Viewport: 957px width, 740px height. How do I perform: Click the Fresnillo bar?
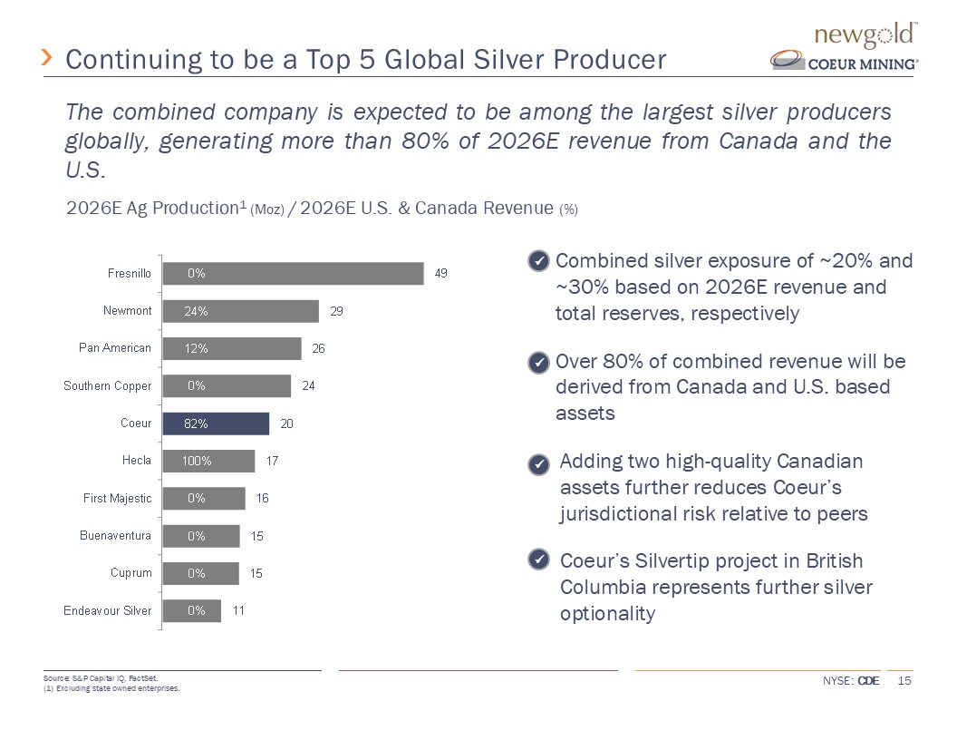[x=292, y=273]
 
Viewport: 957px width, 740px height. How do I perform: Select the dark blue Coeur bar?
[x=216, y=424]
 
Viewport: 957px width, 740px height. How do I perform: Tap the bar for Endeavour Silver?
[x=191, y=610]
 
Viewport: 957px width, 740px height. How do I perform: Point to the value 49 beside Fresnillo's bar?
[x=441, y=273]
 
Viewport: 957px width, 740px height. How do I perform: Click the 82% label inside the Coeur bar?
[x=197, y=424]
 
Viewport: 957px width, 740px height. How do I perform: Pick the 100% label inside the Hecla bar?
[x=197, y=461]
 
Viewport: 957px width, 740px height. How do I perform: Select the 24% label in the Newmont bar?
[x=197, y=311]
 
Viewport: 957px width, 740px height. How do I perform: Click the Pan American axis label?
[x=115, y=348]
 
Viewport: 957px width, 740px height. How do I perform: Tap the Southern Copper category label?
[x=107, y=386]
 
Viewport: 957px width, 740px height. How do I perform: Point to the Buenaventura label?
[x=116, y=536]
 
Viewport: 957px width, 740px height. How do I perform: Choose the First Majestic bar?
[x=203, y=498]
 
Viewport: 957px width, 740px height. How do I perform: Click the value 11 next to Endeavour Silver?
[x=238, y=610]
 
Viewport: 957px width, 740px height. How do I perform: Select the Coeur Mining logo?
[x=845, y=62]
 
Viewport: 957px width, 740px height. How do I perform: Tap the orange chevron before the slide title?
[x=48, y=59]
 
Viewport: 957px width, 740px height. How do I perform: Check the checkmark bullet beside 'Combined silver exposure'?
[x=538, y=262]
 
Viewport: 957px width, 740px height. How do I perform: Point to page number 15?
[x=904, y=681]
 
